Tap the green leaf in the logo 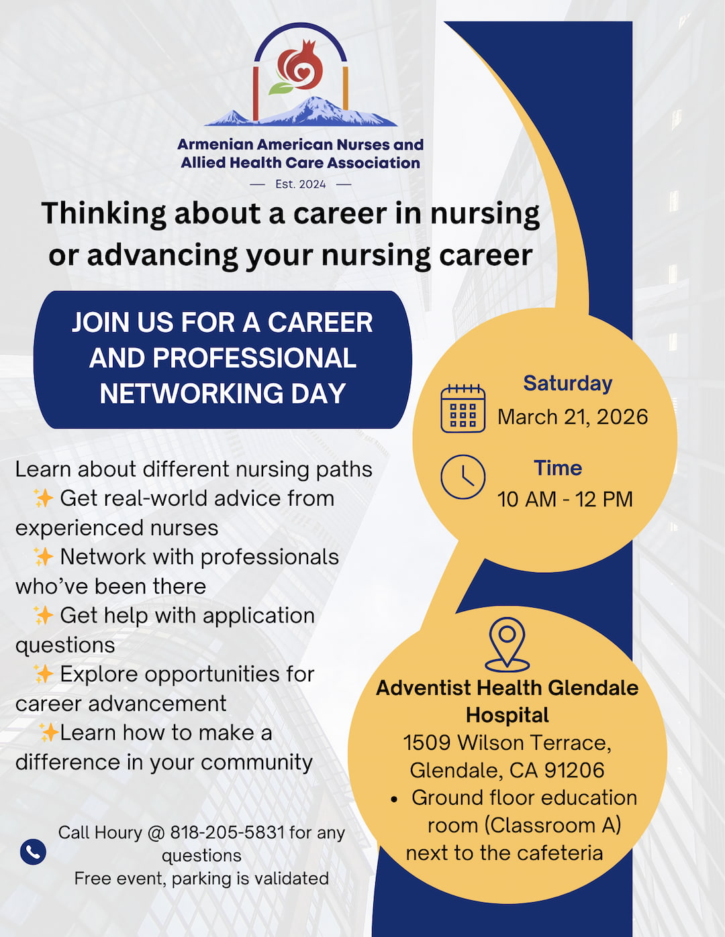(280, 88)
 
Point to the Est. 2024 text (300, 184)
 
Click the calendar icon (463, 408)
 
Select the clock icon (463, 477)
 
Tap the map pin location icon (507, 644)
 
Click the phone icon (34, 852)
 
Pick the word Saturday (567, 383)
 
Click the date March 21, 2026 (573, 417)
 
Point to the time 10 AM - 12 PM (565, 499)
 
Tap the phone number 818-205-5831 (228, 832)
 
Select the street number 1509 (427, 742)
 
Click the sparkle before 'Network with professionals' (43, 557)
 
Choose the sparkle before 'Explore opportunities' (43, 674)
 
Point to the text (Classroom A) (553, 826)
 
